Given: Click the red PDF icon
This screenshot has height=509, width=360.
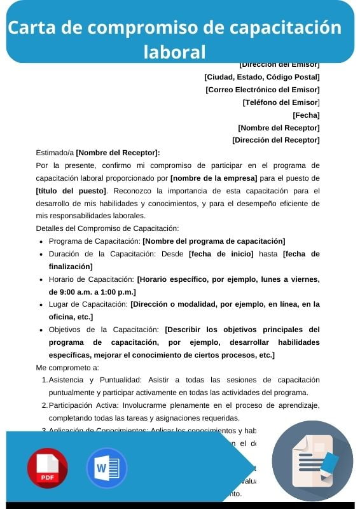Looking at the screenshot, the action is tap(47, 468).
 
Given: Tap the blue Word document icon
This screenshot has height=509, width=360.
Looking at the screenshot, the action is tap(106, 468).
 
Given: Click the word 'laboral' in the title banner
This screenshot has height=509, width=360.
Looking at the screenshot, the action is tap(174, 51).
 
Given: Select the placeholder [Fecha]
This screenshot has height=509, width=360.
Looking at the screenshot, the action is tap(306, 115).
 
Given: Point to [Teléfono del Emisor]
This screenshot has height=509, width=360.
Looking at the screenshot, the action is tap(281, 102).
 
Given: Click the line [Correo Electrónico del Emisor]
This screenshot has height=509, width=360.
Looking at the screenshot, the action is tap(263, 90).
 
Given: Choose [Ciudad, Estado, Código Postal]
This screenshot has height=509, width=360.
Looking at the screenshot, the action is tap(262, 77).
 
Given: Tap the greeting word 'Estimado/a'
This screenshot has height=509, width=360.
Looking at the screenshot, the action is tap(55, 153).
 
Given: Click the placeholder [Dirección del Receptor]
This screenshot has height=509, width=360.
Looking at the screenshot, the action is tap(276, 140).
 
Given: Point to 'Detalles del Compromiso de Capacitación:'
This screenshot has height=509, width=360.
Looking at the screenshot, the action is tap(107, 228).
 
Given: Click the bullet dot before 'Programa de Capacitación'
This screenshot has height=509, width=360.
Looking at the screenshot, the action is tap(42, 242).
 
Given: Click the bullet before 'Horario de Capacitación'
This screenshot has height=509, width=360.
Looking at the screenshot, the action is tap(42, 280).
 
